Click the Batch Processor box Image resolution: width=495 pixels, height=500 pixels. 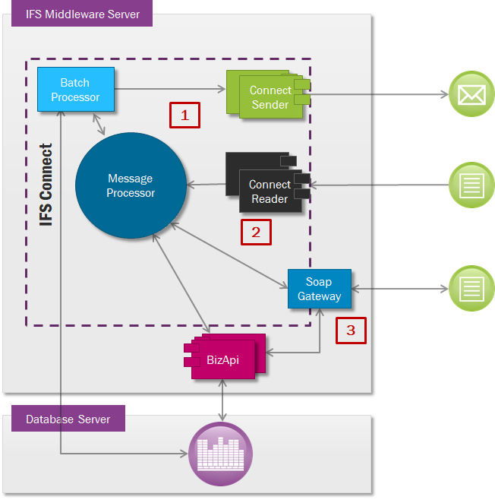click(x=76, y=90)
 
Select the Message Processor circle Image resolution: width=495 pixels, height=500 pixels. click(x=131, y=185)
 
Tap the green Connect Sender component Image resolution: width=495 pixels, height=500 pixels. click(x=270, y=97)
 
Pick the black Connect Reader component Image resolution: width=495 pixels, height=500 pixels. click(x=269, y=191)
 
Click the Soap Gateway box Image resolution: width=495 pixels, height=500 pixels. click(x=319, y=289)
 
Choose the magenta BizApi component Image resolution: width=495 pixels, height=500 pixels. click(x=223, y=359)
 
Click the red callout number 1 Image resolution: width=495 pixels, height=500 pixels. click(x=184, y=115)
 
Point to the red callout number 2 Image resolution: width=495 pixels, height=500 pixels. click(x=256, y=233)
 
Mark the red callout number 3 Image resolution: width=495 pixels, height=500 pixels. click(x=351, y=330)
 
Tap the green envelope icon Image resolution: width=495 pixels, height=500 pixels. click(x=471, y=94)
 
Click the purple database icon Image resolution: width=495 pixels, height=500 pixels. click(x=220, y=454)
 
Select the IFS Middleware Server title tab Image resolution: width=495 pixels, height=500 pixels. click(x=83, y=14)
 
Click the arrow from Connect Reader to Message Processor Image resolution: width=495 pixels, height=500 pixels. click(x=207, y=184)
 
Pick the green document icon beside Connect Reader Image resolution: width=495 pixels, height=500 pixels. click(x=471, y=184)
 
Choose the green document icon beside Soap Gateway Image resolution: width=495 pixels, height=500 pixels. click(x=471, y=288)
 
